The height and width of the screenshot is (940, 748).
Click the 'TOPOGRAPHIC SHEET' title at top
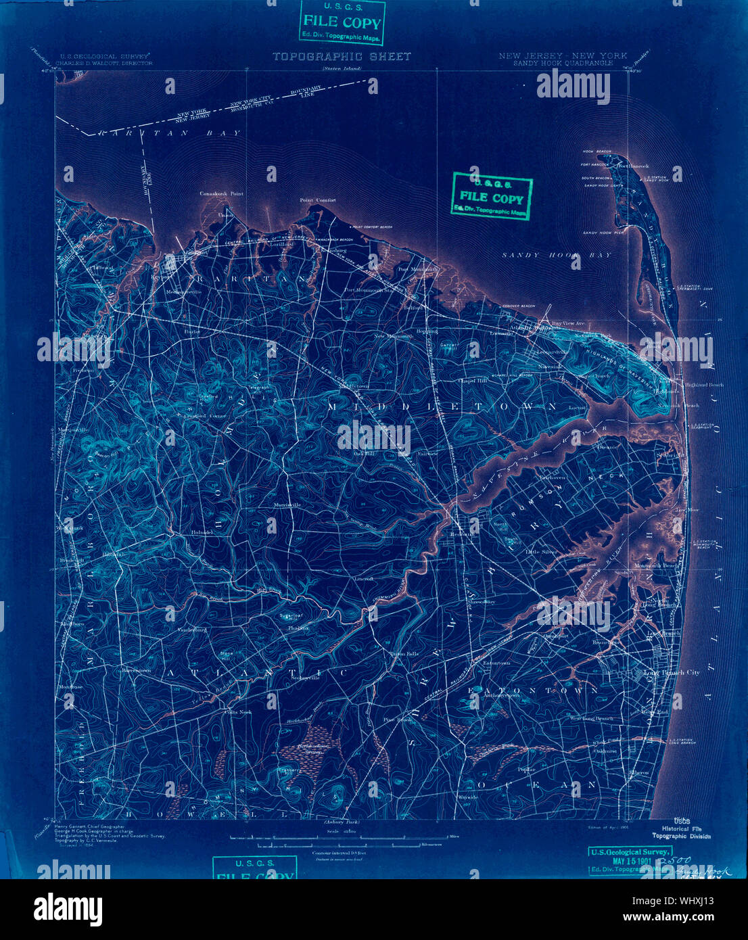[342, 57]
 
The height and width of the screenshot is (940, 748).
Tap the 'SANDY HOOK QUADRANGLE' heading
[563, 63]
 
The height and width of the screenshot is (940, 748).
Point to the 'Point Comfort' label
[317, 200]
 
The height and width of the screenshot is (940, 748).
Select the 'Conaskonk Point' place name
[221, 193]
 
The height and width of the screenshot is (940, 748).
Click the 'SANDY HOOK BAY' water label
[557, 255]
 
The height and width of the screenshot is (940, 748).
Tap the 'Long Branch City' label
[672, 673]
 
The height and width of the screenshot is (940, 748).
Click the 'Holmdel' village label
[202, 532]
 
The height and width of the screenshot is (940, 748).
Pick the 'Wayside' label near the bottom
[467, 797]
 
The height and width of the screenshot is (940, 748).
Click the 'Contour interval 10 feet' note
[340, 853]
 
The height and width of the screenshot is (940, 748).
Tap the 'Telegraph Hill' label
[259, 389]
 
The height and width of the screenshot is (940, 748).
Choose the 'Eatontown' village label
[496, 663]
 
